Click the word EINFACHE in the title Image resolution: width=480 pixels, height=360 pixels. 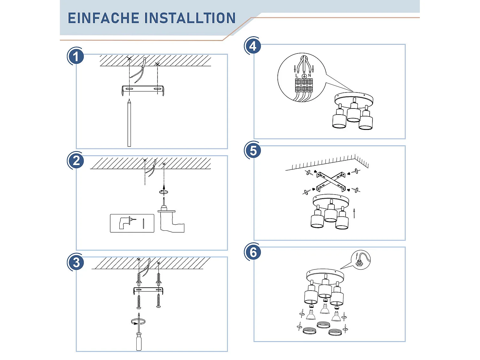(103, 18)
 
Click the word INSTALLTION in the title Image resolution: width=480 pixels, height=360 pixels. (190, 18)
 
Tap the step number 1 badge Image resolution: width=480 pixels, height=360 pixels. (76, 57)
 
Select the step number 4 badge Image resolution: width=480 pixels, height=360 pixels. (253, 46)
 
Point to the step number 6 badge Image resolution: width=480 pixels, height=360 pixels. (253, 252)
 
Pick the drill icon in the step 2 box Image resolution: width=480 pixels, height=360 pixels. (125, 222)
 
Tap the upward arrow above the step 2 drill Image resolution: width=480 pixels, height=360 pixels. (164, 186)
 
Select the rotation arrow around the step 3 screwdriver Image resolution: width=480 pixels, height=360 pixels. (138, 322)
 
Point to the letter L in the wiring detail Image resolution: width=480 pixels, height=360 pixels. (297, 76)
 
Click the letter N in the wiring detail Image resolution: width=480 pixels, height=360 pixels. (309, 76)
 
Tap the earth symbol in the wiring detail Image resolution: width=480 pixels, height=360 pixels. (304, 76)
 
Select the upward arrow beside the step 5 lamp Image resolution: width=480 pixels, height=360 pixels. (354, 213)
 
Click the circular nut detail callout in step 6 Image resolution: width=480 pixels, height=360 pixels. (361, 260)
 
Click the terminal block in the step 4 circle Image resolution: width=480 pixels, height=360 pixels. (304, 85)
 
